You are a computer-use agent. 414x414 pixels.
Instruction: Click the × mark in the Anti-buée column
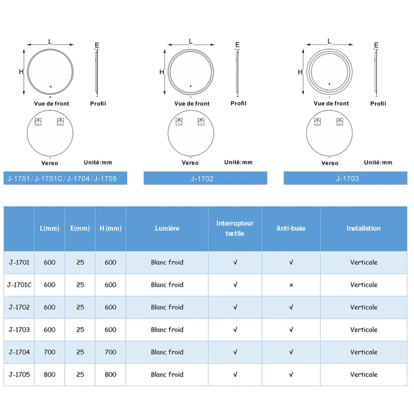click(x=291, y=285)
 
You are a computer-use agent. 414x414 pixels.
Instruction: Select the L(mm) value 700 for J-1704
click(x=49, y=352)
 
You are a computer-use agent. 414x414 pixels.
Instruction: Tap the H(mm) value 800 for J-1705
click(x=110, y=374)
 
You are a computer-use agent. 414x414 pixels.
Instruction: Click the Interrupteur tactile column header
click(x=235, y=228)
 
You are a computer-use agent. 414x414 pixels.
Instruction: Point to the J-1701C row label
click(x=19, y=285)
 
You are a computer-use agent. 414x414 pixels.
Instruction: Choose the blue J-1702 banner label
click(x=202, y=179)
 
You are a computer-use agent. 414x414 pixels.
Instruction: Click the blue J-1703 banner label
click(x=347, y=179)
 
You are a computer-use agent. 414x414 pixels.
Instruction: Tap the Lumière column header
click(x=167, y=228)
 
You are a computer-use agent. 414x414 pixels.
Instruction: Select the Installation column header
click(x=364, y=228)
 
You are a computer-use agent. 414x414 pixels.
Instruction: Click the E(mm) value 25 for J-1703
click(x=80, y=330)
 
